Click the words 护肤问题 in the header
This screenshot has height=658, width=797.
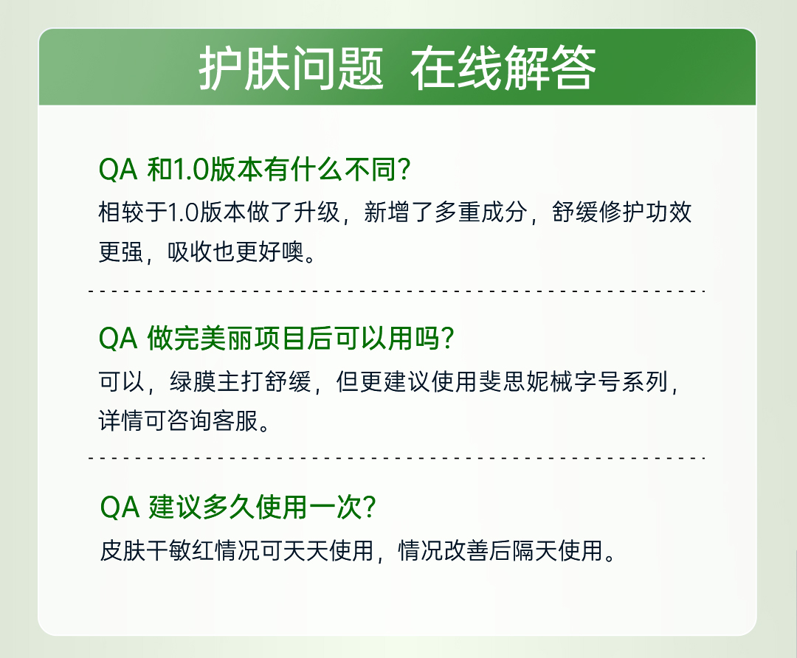(x=291, y=68)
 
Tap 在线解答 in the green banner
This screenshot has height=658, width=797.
(x=503, y=68)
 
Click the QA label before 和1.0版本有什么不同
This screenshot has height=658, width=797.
(x=118, y=169)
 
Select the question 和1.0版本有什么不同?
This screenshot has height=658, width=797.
(x=278, y=169)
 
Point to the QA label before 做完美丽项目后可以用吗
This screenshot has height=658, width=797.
(x=118, y=339)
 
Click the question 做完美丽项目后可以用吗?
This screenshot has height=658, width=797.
(x=300, y=338)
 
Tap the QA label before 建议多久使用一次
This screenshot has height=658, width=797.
(x=120, y=507)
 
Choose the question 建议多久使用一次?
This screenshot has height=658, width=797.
(x=262, y=507)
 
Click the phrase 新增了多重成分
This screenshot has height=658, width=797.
(x=445, y=212)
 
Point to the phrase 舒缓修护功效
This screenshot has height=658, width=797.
(x=621, y=212)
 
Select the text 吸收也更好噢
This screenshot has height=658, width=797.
(x=236, y=252)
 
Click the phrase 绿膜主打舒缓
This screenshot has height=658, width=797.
(x=240, y=381)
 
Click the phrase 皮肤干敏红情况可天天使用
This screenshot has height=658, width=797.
(x=236, y=550)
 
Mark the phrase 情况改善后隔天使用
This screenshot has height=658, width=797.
(x=500, y=550)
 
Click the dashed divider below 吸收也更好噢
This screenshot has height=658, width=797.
(x=396, y=291)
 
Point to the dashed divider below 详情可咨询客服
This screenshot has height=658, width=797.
(x=396, y=458)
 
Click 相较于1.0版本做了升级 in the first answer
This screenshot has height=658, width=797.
(x=219, y=212)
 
